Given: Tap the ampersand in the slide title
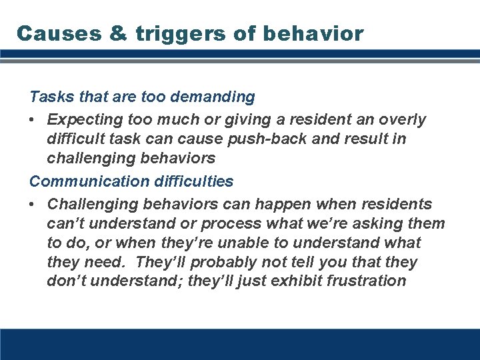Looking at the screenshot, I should [x=117, y=33].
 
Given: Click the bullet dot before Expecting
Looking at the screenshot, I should [x=33, y=120].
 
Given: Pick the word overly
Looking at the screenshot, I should [x=403, y=120].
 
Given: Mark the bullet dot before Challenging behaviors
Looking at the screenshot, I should [x=33, y=203].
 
